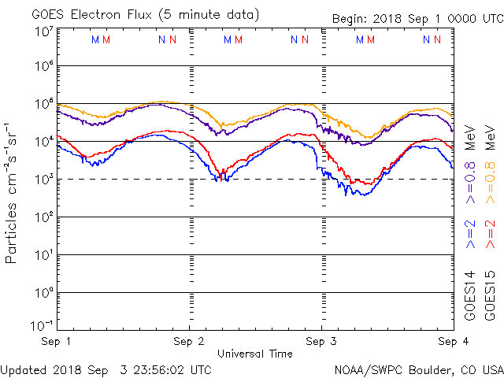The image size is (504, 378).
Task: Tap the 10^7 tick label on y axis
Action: coord(43,31)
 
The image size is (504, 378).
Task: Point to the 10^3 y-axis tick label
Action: coord(43,180)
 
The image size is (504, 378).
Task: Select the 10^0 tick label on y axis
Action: coord(43,293)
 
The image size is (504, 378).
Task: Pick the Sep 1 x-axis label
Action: coord(56,342)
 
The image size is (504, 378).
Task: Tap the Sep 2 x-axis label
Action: coord(188,342)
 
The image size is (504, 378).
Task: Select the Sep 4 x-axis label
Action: coord(449,342)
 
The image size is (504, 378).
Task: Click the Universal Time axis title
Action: coord(254,354)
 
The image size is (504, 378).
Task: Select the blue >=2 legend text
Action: coord(470,235)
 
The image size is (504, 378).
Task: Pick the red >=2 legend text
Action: coord(489,235)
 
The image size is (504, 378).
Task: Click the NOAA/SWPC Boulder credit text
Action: coord(418,369)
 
